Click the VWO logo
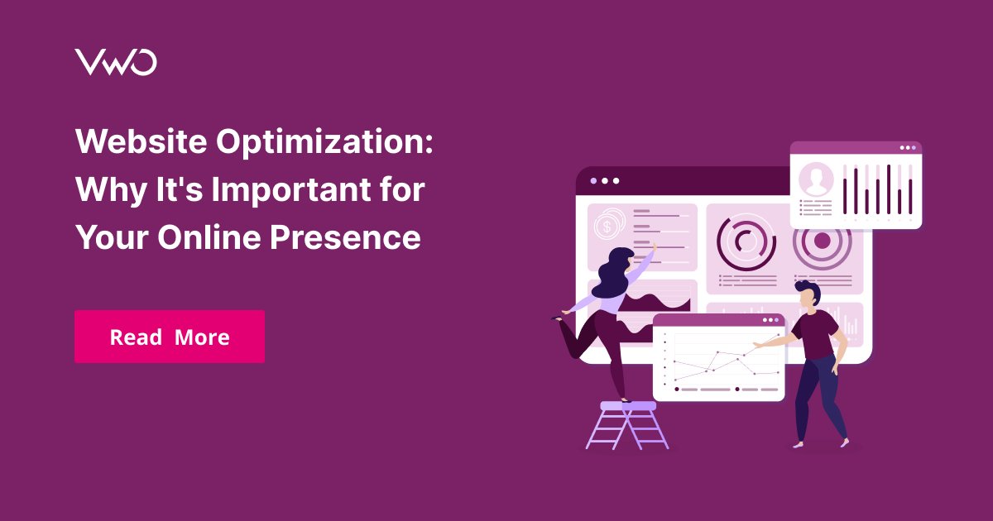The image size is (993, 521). tap(115, 63)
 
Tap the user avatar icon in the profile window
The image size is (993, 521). tap(816, 179)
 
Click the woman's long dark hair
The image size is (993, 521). tap(612, 273)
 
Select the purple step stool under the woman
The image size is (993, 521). tap(627, 425)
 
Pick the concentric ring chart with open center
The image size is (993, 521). tap(746, 241)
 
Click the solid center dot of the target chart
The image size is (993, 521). tap(822, 241)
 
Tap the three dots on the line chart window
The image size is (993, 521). tap(770, 319)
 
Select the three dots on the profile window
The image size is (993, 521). tap(908, 148)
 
